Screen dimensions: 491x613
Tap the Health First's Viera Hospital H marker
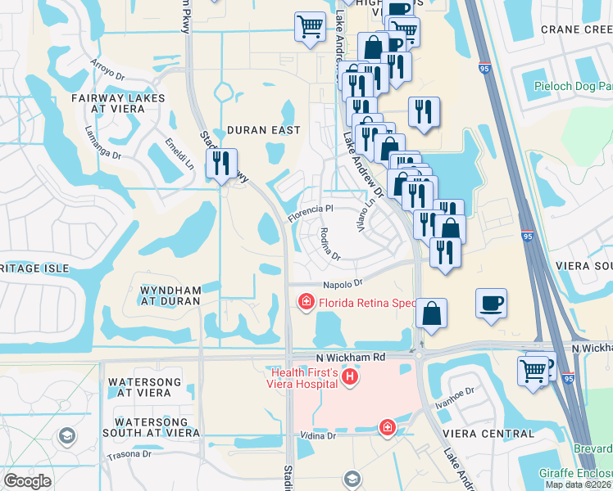(x=350, y=377)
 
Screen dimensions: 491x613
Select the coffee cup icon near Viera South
(x=491, y=304)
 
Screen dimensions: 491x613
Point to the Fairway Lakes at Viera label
(x=118, y=104)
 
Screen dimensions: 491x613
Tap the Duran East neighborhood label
(x=263, y=130)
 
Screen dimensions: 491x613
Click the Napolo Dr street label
(x=342, y=283)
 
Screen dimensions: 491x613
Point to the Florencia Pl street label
(x=311, y=213)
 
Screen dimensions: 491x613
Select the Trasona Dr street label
(x=129, y=454)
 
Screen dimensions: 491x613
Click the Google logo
(x=27, y=481)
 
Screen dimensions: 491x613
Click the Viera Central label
(x=498, y=434)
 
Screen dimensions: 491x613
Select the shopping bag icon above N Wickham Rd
(x=431, y=314)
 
